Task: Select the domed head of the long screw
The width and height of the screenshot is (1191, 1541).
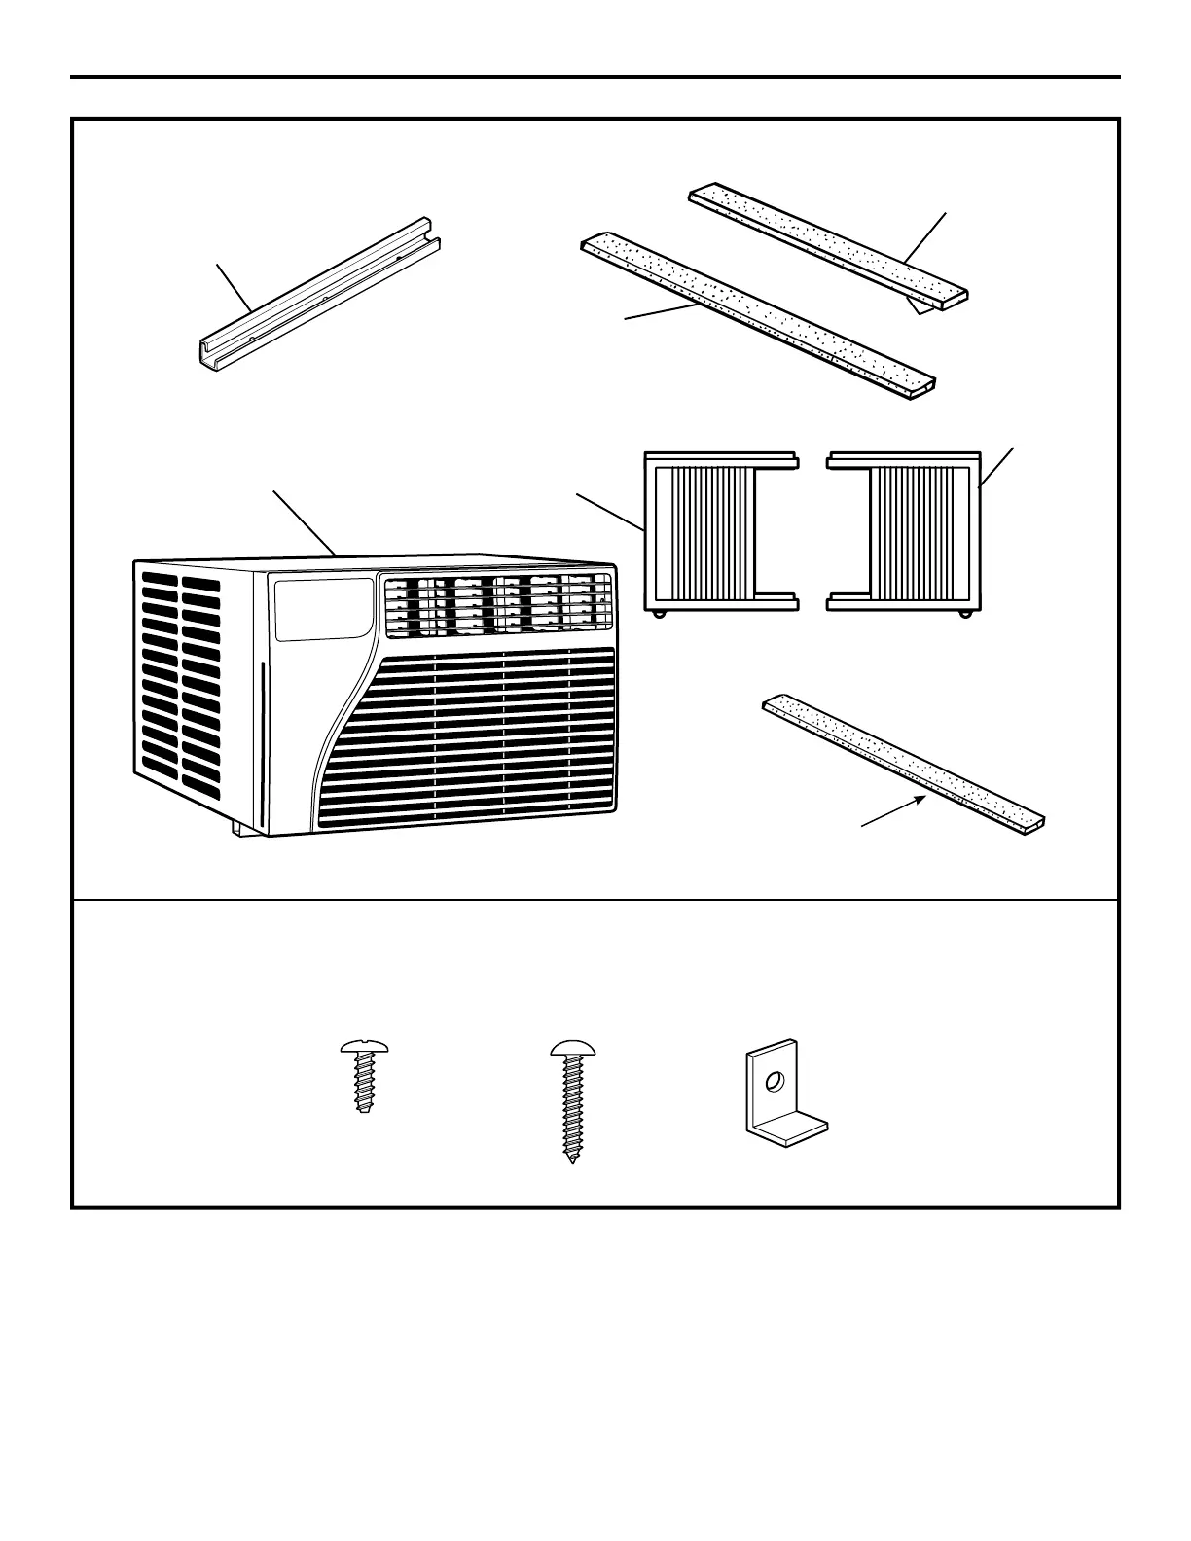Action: click(x=571, y=1050)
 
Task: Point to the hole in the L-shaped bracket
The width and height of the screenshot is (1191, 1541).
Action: click(x=776, y=1081)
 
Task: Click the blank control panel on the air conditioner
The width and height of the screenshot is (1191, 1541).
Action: click(x=324, y=610)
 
